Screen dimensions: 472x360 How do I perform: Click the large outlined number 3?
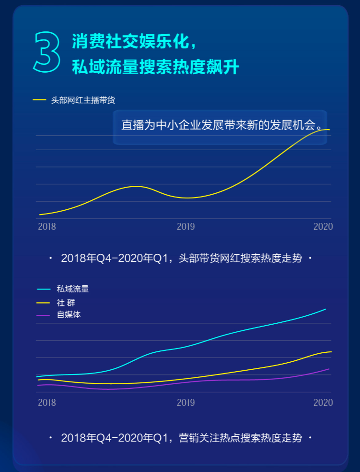click(47, 52)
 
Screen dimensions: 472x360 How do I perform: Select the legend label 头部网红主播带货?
click(83, 100)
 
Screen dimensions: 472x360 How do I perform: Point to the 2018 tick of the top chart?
click(47, 227)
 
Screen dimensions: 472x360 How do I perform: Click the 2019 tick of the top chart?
click(186, 227)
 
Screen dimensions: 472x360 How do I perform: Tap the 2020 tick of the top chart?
click(323, 227)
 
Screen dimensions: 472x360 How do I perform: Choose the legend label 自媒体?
click(69, 315)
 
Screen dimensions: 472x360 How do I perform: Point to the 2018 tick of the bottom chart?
click(47, 403)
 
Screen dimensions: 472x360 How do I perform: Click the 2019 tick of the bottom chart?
click(186, 403)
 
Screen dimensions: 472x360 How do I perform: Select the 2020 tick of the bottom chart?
click(323, 403)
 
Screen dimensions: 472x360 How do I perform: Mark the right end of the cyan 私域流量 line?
click(325, 309)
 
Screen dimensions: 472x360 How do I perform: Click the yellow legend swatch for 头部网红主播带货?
click(39, 100)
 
